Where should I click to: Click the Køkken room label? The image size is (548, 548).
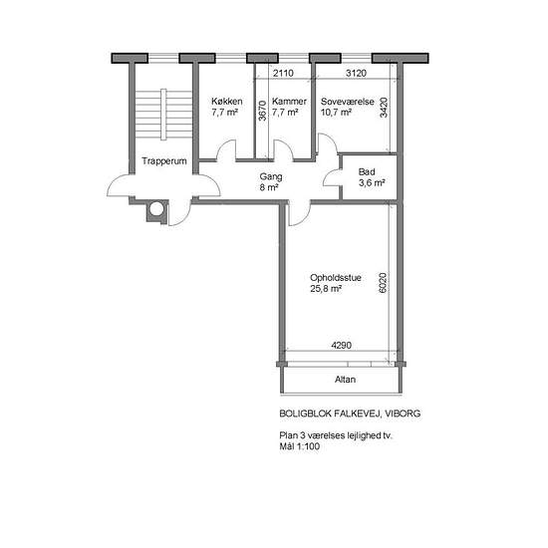pyautogui.click(x=227, y=102)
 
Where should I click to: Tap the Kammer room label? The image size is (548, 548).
pyautogui.click(x=289, y=102)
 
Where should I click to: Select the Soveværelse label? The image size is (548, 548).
pyautogui.click(x=348, y=102)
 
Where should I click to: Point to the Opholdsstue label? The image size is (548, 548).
pyautogui.click(x=336, y=278)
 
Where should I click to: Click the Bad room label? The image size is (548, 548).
pyautogui.click(x=367, y=172)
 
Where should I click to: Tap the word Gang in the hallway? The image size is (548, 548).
pyautogui.click(x=271, y=177)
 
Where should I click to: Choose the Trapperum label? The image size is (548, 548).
pyautogui.click(x=164, y=161)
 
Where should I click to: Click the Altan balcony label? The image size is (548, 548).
pyautogui.click(x=346, y=380)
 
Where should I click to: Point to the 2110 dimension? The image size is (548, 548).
pyautogui.click(x=283, y=73)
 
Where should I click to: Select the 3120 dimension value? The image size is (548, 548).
pyautogui.click(x=356, y=73)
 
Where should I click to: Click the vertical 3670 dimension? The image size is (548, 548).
pyautogui.click(x=262, y=111)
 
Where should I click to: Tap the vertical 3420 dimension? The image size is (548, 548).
pyautogui.click(x=384, y=108)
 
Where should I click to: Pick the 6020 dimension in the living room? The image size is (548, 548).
pyautogui.click(x=383, y=283)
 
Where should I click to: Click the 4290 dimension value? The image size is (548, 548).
pyautogui.click(x=342, y=346)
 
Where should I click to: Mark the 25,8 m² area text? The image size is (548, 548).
pyautogui.click(x=326, y=289)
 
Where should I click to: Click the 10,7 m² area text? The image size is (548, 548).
pyautogui.click(x=336, y=113)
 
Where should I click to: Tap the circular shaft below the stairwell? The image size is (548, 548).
pyautogui.click(x=156, y=209)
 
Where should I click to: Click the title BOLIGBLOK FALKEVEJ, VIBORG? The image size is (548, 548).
pyautogui.click(x=350, y=413)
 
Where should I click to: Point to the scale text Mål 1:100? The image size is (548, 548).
pyautogui.click(x=300, y=446)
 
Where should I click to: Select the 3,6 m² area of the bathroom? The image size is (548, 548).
pyautogui.click(x=372, y=183)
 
